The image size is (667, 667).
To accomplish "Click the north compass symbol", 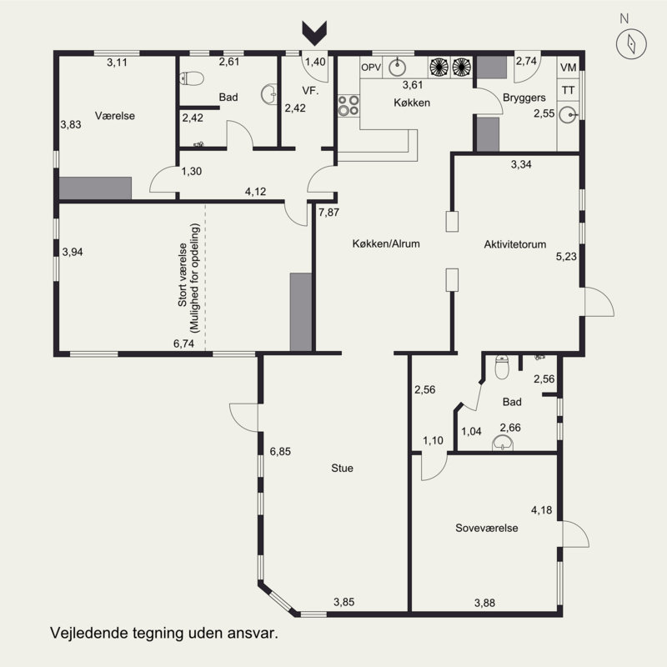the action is pos(631,43).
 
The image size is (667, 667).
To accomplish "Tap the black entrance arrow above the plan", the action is pos(314,33).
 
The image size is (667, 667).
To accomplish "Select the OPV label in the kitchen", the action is pos(371,68).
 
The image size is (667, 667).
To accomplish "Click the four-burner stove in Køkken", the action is pos(349,106).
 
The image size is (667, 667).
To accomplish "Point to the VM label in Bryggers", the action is pos(569,68).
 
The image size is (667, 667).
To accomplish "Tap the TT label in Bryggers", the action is pos(569,90).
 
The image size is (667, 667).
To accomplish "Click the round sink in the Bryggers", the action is pos(568,115).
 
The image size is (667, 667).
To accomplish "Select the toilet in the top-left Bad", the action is pos(192,78).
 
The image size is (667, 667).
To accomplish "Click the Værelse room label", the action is pos(115,116).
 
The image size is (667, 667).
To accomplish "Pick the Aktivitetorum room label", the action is pos(515,244).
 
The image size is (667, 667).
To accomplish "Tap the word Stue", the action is pos(342,468).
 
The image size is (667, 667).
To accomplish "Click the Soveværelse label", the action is pos(487,528).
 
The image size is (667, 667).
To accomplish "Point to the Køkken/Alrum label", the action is pos(386,243).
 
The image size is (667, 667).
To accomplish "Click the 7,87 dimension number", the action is pos(328,212).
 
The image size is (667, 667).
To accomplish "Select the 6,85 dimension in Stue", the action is pos(280,451).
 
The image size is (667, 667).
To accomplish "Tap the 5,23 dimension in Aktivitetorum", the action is pos(566,256).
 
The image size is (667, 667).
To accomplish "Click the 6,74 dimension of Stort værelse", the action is pos(183,344).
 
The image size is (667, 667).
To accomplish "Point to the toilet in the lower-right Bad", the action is pos(502,367).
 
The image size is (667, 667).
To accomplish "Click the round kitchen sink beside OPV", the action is pos(397,68).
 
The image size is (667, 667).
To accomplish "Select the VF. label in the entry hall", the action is pos(310,91).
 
